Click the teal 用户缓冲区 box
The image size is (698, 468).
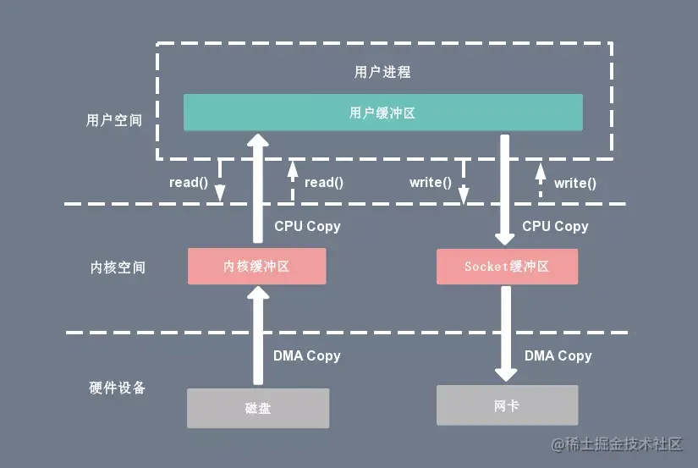382,113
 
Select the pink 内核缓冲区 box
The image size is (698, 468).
256,266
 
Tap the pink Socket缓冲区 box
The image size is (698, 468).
507,266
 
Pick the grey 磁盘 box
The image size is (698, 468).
257,408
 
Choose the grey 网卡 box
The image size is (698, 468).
507,405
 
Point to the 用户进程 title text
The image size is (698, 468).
382,72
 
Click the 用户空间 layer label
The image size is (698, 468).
114,120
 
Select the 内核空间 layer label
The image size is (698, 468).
118,267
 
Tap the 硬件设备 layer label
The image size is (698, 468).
118,388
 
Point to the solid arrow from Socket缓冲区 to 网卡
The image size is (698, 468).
506,334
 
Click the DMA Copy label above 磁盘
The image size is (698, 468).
306,355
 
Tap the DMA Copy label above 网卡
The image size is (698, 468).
558,355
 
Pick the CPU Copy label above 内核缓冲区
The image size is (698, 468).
307,226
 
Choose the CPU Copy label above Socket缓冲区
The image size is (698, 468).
555,226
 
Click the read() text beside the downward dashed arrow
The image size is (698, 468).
188,182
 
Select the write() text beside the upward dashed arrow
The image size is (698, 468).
574,183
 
